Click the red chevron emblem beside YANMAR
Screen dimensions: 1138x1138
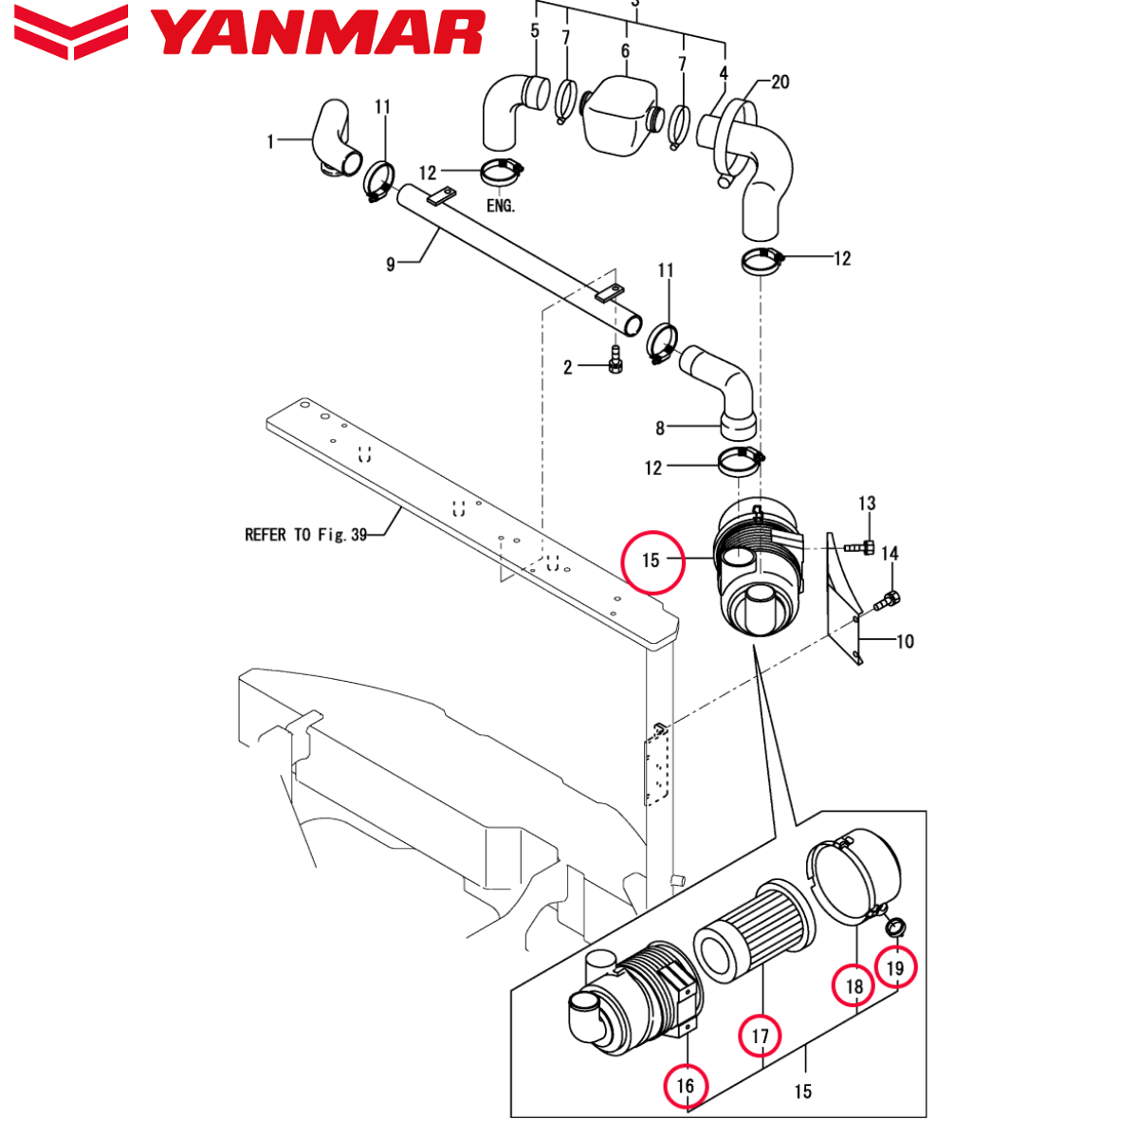pos(72,31)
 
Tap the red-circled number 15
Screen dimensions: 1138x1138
pos(651,560)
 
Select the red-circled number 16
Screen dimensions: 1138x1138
pos(686,1086)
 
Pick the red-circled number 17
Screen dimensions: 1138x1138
pos(761,1037)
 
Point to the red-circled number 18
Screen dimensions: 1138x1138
pos(854,986)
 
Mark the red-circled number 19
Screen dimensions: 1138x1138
pos(896,968)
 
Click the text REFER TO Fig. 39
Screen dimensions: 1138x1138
pos(305,535)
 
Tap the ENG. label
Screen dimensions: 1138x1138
pos(500,206)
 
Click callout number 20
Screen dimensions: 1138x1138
pos(780,83)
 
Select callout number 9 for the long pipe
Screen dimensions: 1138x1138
pos(391,265)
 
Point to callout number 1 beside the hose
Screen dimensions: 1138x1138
pos(270,142)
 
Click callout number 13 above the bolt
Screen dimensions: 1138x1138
pos(867,504)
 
